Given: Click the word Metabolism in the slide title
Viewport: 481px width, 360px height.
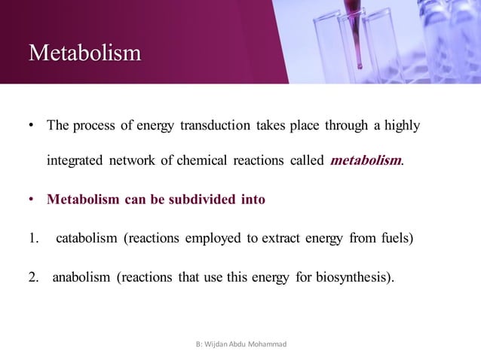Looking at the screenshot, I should pyautogui.click(x=84, y=53).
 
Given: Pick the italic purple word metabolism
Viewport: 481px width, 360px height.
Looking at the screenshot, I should pyautogui.click(x=365, y=160).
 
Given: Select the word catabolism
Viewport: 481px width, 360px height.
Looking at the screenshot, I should pyautogui.click(x=86, y=239).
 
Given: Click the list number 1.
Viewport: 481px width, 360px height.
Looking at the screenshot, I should pyautogui.click(x=33, y=239).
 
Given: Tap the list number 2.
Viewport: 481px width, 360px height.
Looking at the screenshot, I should pyautogui.click(x=33, y=278).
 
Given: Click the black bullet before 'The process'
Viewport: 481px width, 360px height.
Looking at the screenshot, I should pyautogui.click(x=33, y=126).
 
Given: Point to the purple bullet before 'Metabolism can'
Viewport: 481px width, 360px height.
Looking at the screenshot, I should pyautogui.click(x=33, y=200).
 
